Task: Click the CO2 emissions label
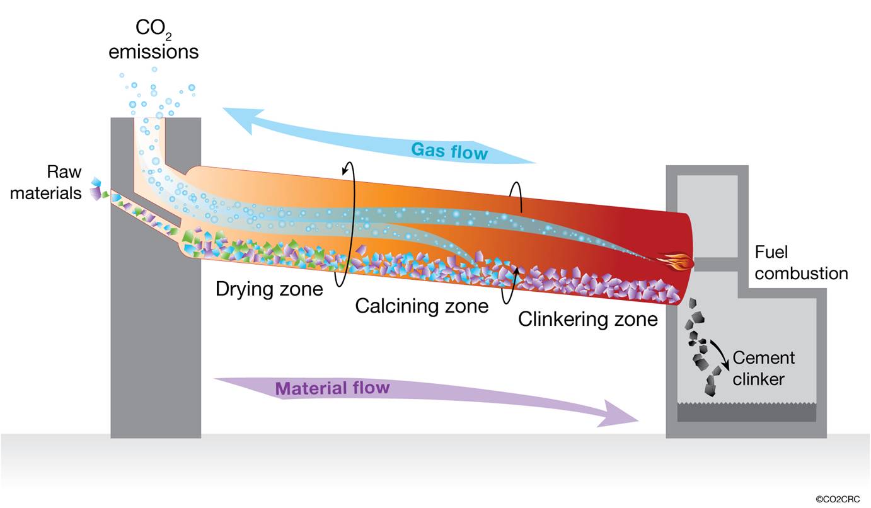coord(154,40)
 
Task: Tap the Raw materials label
coord(46,182)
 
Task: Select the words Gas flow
coord(449,151)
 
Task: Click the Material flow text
coord(333,388)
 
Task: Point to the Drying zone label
coord(269,289)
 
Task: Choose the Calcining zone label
coord(422,306)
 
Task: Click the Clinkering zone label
coord(587,320)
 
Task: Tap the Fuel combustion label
coord(801,263)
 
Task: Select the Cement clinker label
coord(764,368)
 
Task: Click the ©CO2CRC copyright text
coord(838,499)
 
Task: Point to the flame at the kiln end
coord(676,261)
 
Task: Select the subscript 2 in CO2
coord(168,37)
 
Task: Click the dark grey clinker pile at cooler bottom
coord(747,412)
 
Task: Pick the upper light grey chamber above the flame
coord(708,216)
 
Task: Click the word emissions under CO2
coord(154,52)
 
